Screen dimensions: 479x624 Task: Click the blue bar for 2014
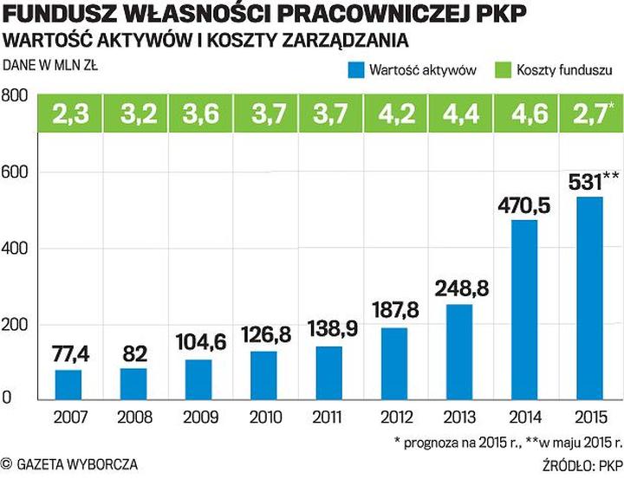pos(524,309)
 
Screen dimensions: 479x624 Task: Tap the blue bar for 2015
pos(589,297)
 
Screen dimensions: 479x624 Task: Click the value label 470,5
pos(525,206)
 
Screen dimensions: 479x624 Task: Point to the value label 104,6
pos(200,343)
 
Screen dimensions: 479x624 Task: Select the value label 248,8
pos(460,288)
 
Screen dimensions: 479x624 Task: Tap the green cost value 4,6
pos(525,113)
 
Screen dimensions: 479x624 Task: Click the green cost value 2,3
pos(70,113)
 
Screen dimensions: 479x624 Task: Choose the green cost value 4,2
pos(395,113)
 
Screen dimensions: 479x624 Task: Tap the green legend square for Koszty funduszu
pos(500,69)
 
